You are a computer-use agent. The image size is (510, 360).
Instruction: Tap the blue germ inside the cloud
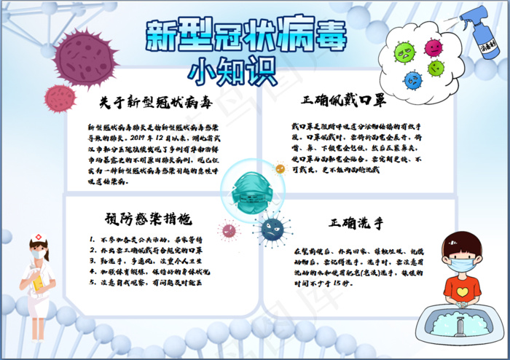click(x=414, y=78)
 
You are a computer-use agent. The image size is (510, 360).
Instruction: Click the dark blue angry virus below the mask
click(x=272, y=229)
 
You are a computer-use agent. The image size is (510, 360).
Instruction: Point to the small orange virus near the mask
click(x=280, y=169)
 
